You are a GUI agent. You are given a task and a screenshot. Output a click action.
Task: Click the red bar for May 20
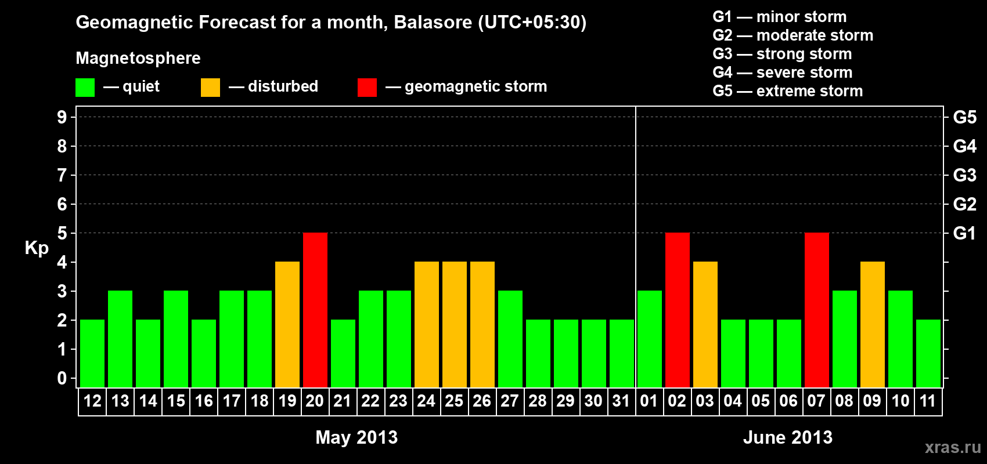pos(315,310)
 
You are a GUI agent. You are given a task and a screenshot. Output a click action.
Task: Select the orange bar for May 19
pos(287,324)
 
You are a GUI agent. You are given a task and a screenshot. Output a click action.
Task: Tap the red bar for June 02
pos(677,310)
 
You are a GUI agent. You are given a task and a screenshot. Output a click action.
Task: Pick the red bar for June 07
pos(816,310)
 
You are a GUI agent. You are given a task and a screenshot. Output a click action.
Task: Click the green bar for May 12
pos(92,353)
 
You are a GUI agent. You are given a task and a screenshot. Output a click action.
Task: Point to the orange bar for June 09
pos(873,324)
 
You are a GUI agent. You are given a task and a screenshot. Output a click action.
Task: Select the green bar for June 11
pos(928,353)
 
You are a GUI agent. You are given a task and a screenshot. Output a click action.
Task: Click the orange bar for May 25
pos(454,324)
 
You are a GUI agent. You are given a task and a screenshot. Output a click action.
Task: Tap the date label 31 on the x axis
pos(621,401)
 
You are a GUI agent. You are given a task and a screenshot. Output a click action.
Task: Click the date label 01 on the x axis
pos(649,401)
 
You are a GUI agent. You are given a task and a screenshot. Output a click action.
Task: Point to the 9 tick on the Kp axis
pos(62,117)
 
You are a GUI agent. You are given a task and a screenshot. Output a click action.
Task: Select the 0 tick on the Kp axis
pos(62,378)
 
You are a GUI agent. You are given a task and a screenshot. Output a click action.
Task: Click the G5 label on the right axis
pos(964,117)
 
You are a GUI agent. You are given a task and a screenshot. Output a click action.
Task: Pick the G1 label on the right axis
pos(964,233)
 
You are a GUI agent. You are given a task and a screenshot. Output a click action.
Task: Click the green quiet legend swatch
pos(85,87)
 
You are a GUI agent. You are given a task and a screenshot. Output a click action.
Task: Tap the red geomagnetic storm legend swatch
pos(367,87)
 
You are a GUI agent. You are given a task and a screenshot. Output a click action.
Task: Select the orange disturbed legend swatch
pos(210,87)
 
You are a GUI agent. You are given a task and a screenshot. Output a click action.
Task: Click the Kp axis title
pos(37,248)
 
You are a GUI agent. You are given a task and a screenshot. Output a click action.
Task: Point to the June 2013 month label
pos(788,437)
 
